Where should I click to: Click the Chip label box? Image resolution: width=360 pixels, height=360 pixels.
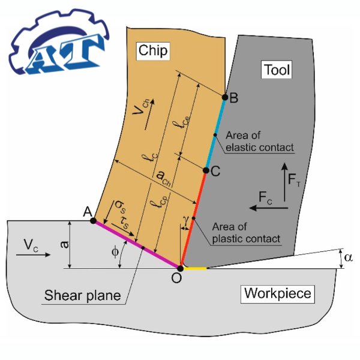152,50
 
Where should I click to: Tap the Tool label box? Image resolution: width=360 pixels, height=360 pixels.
277,70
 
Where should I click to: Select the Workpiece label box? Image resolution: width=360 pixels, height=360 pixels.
278,293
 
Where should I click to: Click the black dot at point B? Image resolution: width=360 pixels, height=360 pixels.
225,97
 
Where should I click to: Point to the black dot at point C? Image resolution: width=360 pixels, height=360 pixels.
205,171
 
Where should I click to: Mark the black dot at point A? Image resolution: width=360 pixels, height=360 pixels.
93,221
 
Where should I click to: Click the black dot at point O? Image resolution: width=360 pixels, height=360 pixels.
181,268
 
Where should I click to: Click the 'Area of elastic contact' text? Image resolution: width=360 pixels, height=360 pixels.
260,142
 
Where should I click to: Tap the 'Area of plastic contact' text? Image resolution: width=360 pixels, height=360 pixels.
246,233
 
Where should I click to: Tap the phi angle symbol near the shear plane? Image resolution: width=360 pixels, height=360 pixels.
115,253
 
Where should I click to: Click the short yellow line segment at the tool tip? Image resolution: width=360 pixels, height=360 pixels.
195,268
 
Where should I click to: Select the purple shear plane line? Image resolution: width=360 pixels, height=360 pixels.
137,244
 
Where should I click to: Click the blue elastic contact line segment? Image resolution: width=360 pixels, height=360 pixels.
215,134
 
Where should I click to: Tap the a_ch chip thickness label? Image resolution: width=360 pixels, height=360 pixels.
162,176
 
